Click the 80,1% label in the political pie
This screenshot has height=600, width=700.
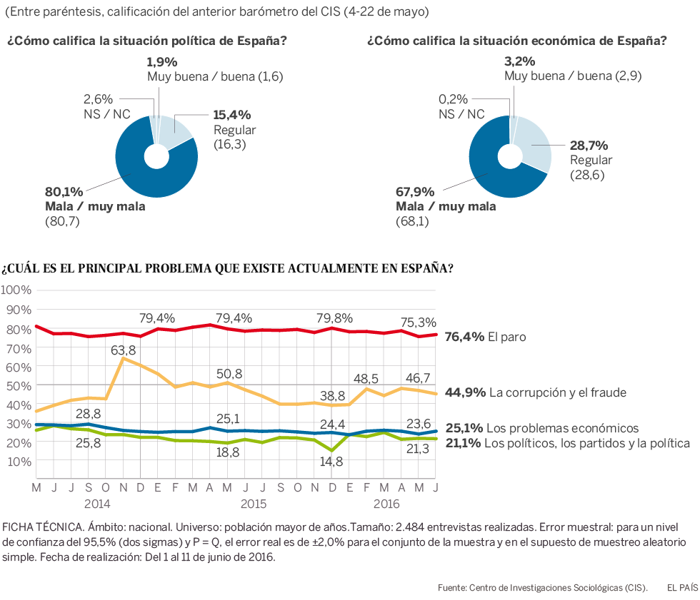point(64,192)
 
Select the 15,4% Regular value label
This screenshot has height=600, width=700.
point(232,114)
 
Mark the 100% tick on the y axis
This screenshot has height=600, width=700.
point(16,290)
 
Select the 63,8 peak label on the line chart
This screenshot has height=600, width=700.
point(124,350)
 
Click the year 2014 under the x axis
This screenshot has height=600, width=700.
point(95,503)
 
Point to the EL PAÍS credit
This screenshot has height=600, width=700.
point(681,587)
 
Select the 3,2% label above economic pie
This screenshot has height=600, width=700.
point(519,61)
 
